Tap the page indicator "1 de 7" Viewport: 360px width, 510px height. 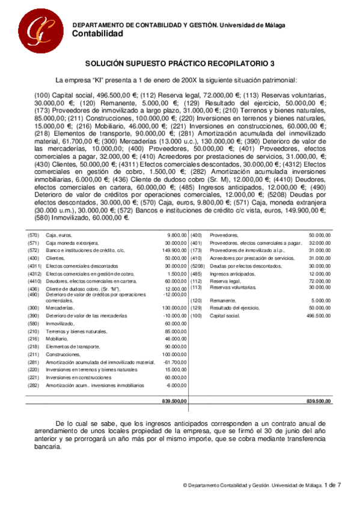point(332,485)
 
